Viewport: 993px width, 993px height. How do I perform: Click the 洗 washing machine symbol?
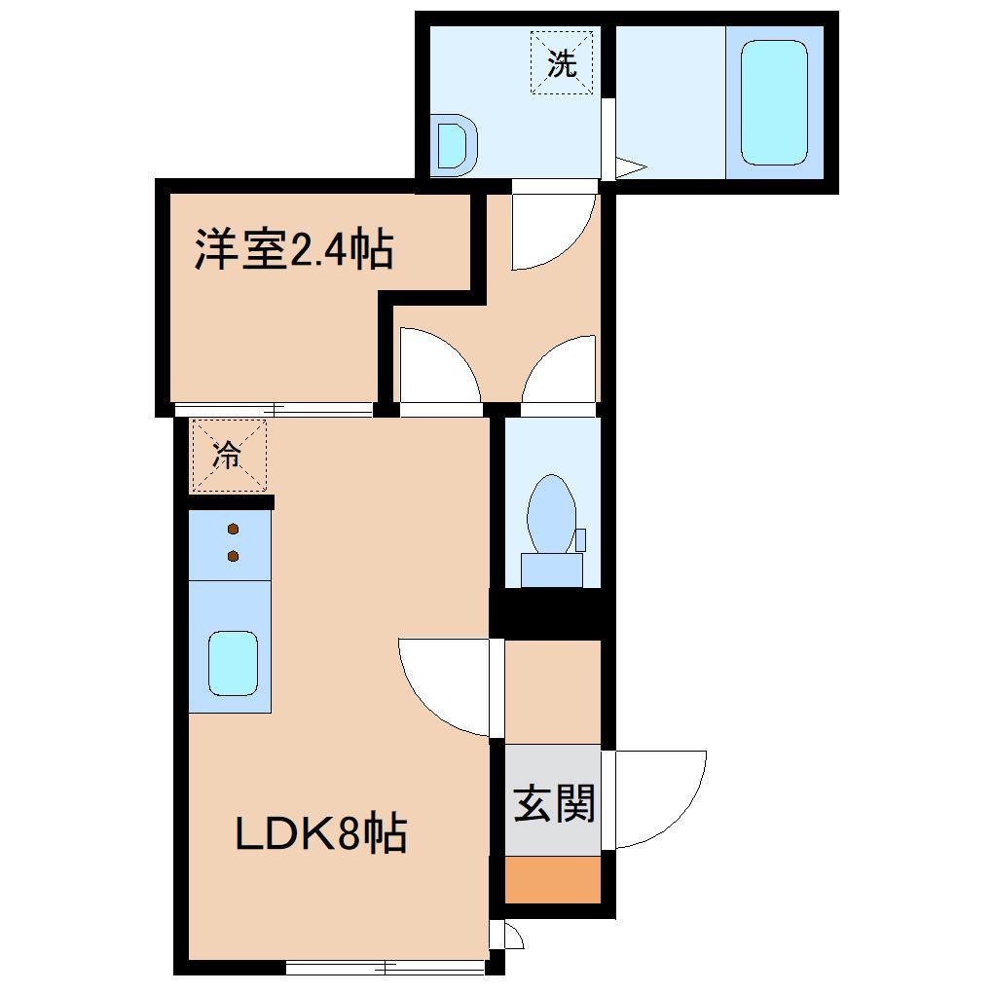[x=562, y=64]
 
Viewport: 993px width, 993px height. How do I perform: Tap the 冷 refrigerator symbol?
[x=228, y=455]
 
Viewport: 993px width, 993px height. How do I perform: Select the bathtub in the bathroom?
[x=774, y=102]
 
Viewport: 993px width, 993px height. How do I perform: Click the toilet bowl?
[x=552, y=513]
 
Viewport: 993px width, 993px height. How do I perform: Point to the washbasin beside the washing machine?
[x=455, y=145]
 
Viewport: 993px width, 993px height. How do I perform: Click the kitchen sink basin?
[x=233, y=663]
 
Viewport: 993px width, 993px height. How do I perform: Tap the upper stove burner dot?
[x=233, y=530]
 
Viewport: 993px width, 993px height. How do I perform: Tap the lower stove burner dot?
[x=233, y=556]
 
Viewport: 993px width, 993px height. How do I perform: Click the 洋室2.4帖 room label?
[x=294, y=249]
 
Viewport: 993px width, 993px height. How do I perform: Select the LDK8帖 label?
[x=320, y=833]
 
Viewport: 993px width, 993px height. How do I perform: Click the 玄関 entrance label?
[x=553, y=803]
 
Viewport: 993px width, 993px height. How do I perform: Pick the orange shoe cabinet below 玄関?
[x=552, y=880]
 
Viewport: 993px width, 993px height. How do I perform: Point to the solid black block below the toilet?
[x=552, y=614]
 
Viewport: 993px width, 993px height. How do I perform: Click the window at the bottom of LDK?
[x=386, y=967]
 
